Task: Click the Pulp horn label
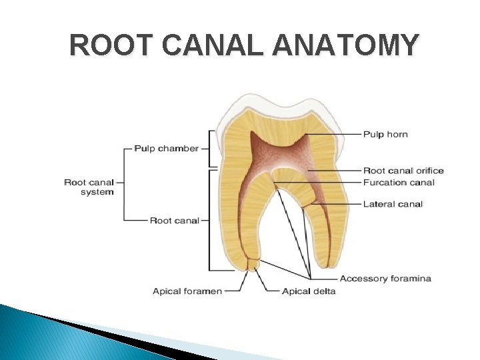(x=385, y=135)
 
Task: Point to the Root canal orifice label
(x=403, y=171)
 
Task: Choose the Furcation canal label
(x=398, y=182)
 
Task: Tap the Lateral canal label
(x=393, y=204)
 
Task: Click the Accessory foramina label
(x=385, y=278)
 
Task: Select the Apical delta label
(x=309, y=291)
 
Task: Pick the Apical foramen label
(x=187, y=291)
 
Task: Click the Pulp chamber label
(x=166, y=148)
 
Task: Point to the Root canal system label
(x=89, y=187)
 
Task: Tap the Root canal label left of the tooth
(x=174, y=220)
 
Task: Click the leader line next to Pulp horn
(x=333, y=135)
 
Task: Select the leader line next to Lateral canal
(x=333, y=204)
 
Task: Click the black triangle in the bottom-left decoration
(x=133, y=340)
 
